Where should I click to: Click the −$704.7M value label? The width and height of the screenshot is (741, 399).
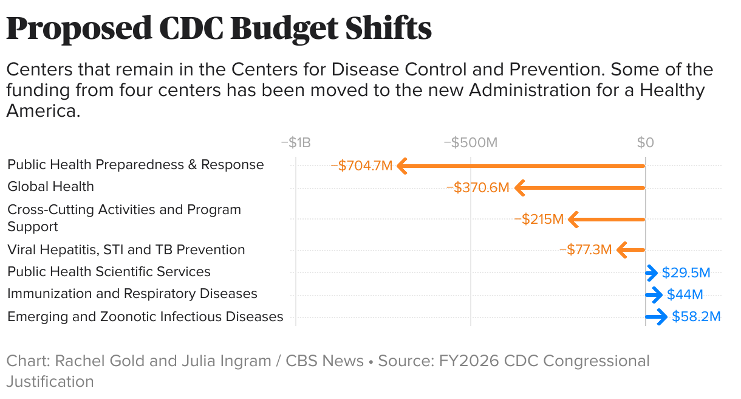pyautogui.click(x=361, y=165)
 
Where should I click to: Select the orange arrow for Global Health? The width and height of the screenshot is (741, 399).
pyautogui.click(x=580, y=188)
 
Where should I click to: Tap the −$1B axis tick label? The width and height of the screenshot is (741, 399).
pyautogui.click(x=296, y=143)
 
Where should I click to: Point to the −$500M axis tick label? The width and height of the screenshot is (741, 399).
pyautogui.click(x=470, y=143)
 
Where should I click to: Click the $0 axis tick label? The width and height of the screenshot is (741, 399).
pyautogui.click(x=645, y=143)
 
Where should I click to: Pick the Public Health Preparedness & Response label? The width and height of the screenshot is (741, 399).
pyautogui.click(x=135, y=165)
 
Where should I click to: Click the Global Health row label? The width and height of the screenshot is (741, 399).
pyautogui.click(x=50, y=187)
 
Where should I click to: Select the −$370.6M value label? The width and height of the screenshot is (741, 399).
pyautogui.click(x=477, y=187)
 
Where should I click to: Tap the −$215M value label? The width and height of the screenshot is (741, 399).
pyautogui.click(x=539, y=219)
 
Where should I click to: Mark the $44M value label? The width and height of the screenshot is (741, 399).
pyautogui.click(x=685, y=295)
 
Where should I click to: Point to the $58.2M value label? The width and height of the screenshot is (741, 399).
pyautogui.click(x=695, y=317)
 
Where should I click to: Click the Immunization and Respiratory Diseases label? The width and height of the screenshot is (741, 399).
pyautogui.click(x=132, y=294)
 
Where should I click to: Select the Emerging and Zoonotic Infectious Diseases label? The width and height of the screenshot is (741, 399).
pyautogui.click(x=145, y=317)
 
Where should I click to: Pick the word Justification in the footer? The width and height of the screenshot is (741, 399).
pyautogui.click(x=50, y=382)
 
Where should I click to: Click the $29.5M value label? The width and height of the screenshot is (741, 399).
pyautogui.click(x=686, y=272)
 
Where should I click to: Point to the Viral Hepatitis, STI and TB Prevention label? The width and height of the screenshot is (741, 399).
pyautogui.click(x=126, y=250)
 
